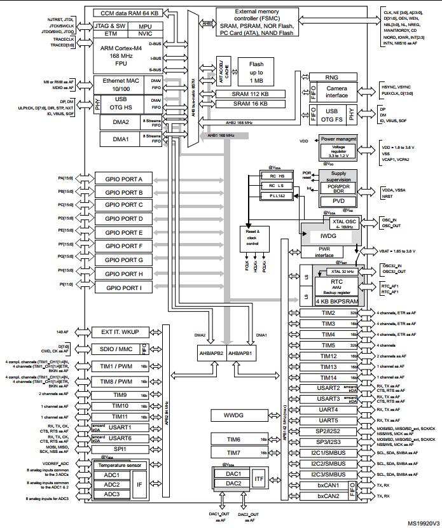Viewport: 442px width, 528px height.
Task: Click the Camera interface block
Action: click(336, 92)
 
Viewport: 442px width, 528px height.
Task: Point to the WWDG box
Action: click(233, 415)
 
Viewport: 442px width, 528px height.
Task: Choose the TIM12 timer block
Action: click(328, 356)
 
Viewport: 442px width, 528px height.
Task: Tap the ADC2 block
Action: click(112, 485)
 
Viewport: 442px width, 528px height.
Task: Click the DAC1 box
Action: click(232, 473)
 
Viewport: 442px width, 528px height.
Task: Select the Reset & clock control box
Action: click(253, 238)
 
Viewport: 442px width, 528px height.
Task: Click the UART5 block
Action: click(328, 420)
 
